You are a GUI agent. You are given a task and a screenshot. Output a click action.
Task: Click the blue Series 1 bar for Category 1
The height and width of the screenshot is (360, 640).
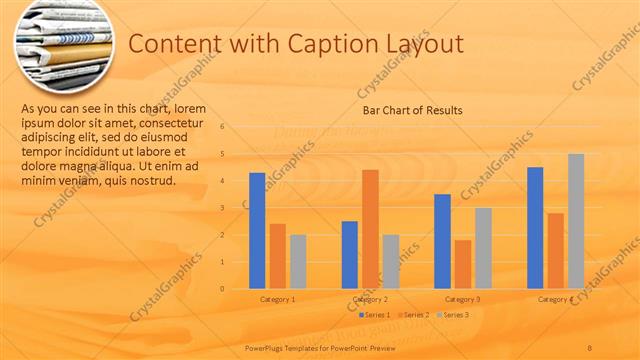257,231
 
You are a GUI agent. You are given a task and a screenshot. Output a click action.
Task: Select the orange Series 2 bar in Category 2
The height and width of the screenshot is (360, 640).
370,229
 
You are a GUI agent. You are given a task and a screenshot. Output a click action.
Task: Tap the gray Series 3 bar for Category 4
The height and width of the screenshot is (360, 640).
576,221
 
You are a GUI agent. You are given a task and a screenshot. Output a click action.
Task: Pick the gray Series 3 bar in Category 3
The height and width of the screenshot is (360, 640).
483,248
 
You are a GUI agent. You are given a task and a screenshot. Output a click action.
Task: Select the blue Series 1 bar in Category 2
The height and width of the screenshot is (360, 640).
350,255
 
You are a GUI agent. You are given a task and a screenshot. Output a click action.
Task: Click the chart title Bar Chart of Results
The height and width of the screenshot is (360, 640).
412,110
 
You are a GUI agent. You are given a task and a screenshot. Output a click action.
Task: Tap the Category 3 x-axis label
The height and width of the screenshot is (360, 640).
463,299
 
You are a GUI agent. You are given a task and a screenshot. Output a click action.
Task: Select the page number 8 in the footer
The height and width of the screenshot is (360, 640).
590,347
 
